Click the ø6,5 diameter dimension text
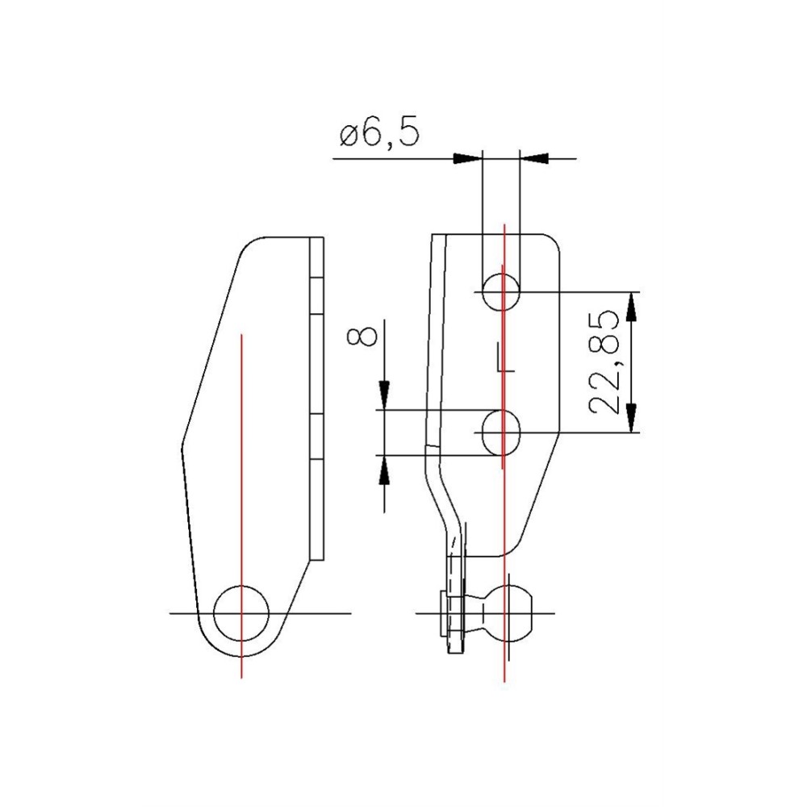click(379, 135)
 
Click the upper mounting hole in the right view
click(501, 291)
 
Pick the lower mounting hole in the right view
click(501, 432)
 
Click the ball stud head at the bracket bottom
click(504, 613)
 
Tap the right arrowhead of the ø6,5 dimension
click(533, 158)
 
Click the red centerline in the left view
click(241, 452)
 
